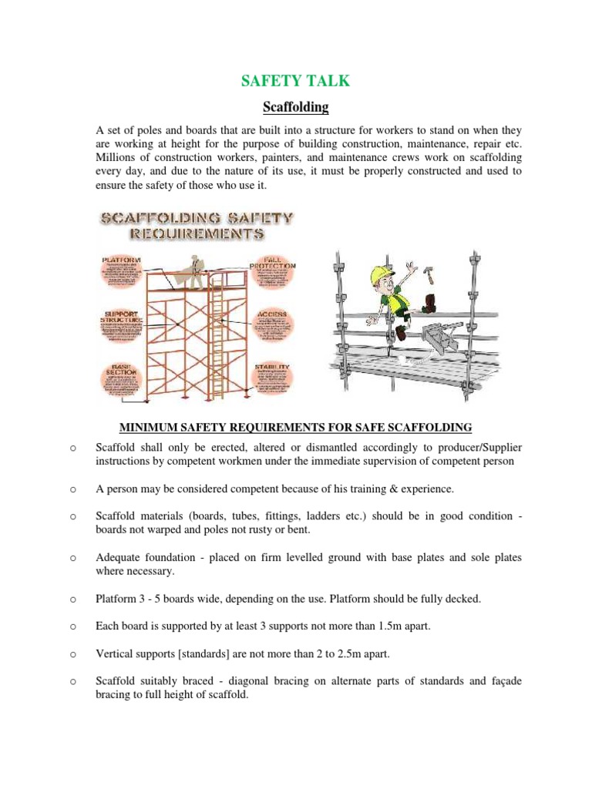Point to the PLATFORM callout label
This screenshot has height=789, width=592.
(x=122, y=260)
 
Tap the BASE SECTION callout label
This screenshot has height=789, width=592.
(x=122, y=371)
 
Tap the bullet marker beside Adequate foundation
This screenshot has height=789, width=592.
(x=71, y=557)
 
